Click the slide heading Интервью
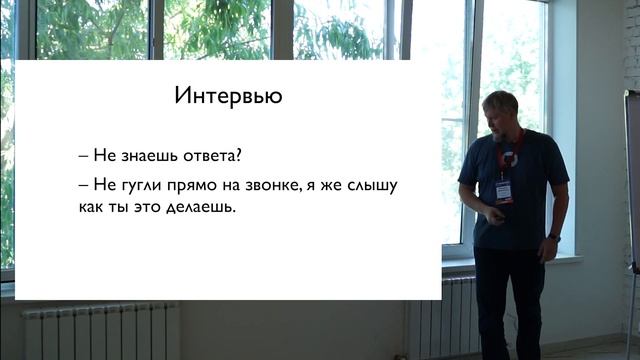coord(228,97)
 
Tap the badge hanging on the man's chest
coord(504,189)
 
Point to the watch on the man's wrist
coord(553,236)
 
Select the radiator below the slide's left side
coord(100,331)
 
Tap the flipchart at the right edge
coord(632,180)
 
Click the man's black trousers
coord(509,300)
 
